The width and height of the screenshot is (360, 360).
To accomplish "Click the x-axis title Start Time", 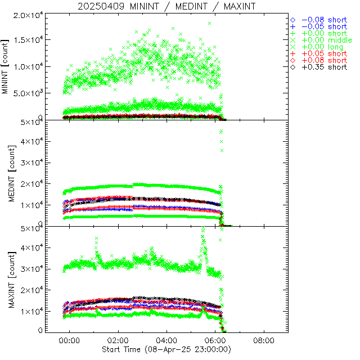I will pyautogui.click(x=166, y=349).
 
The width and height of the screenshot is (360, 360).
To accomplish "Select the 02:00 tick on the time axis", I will pyautogui.click(x=118, y=340).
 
